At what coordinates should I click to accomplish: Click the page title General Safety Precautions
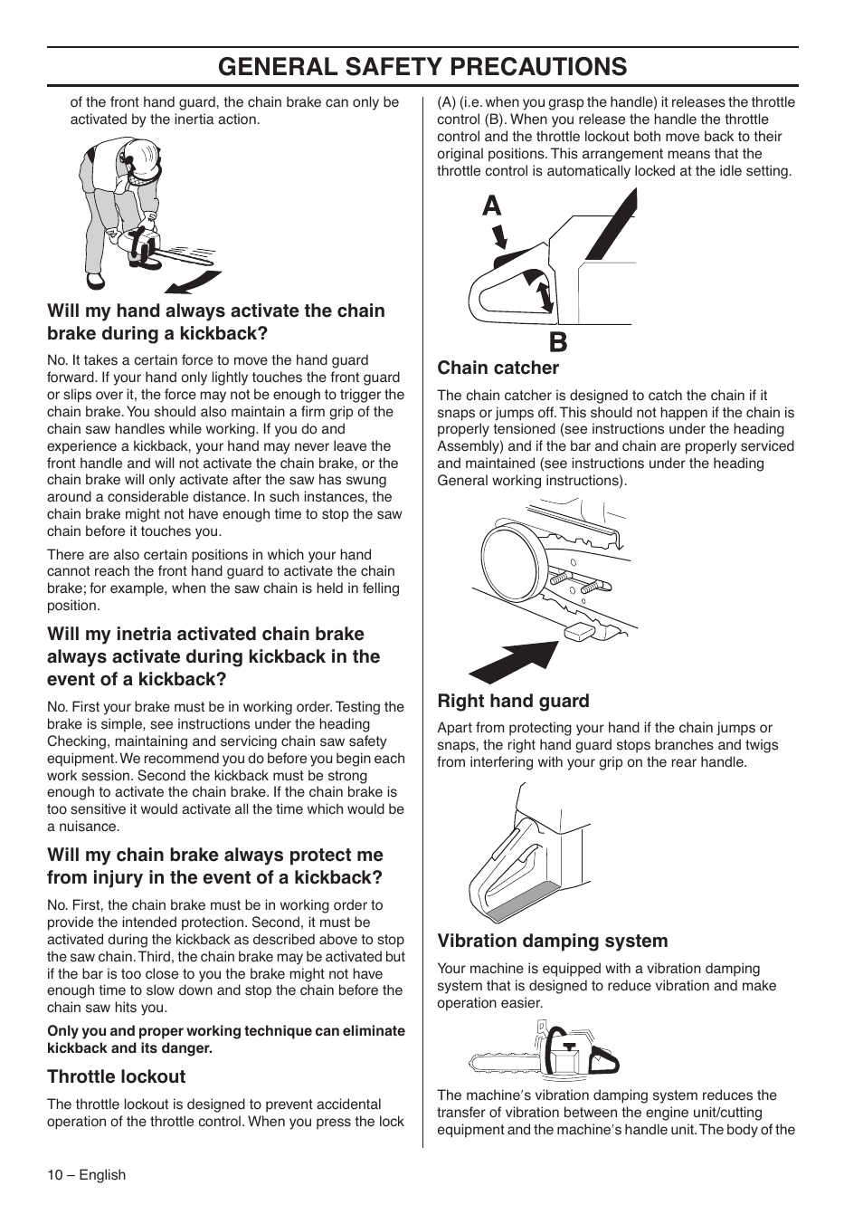pos(422,66)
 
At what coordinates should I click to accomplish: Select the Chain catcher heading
pos(498,368)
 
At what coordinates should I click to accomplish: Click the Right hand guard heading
pos(513,701)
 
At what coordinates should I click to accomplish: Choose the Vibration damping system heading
pos(552,941)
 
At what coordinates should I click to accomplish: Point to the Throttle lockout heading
pos(116,1076)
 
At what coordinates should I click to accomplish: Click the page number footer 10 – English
pos(86,1175)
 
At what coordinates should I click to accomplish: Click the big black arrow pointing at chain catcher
pos(513,662)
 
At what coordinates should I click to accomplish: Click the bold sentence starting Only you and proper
pos(225,1039)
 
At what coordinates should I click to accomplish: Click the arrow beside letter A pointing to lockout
pos(498,238)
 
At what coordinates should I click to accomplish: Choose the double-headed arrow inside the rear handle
pos(543,296)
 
